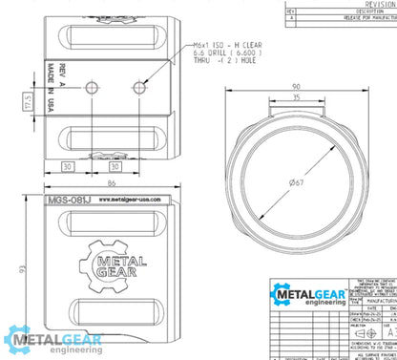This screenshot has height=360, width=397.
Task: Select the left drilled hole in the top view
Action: (91, 87)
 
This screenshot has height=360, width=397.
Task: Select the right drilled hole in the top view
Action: (140, 87)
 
